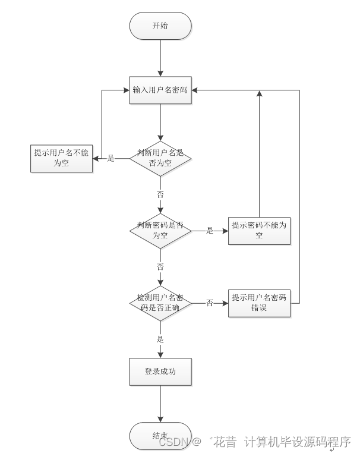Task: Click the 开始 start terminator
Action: click(160, 26)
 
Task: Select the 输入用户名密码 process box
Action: click(160, 91)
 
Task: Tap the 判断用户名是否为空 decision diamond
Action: click(160, 158)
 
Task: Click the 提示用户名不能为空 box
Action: click(62, 158)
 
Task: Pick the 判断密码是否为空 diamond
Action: click(160, 230)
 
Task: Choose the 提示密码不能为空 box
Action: click(259, 230)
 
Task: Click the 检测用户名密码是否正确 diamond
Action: click(160, 303)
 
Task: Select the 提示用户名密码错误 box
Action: click(259, 303)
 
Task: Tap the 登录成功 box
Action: click(160, 372)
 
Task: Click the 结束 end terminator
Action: click(160, 436)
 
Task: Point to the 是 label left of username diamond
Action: click(110, 158)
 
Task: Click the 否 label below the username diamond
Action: click(160, 194)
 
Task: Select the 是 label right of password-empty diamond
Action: click(210, 231)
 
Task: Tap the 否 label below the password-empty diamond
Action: click(160, 267)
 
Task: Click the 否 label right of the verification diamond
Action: click(210, 303)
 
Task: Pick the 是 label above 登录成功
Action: click(160, 339)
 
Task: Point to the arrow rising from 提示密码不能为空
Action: click(259, 155)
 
